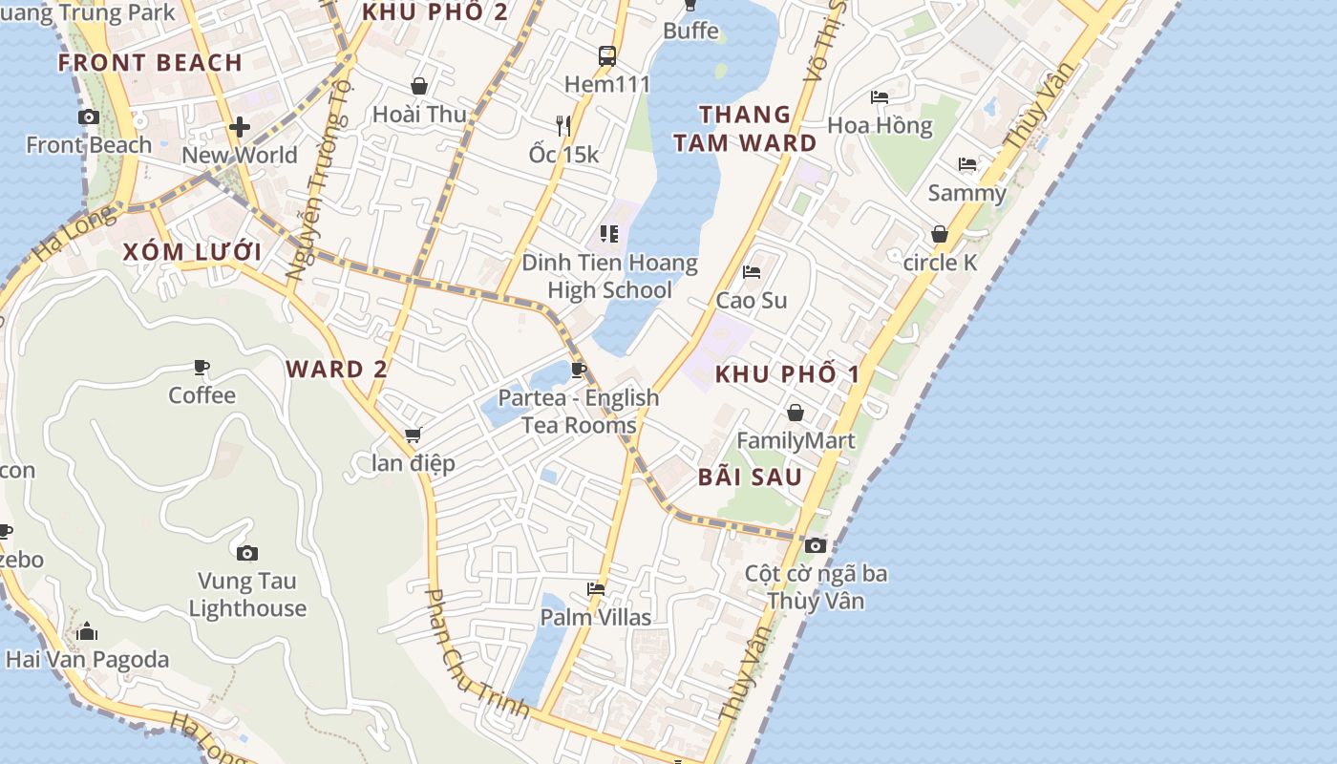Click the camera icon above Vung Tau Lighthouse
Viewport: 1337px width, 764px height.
coord(247,553)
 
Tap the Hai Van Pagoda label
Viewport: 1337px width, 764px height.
coord(87,659)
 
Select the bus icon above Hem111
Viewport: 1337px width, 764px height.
coord(607,56)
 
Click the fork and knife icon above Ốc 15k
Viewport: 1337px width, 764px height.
coord(563,125)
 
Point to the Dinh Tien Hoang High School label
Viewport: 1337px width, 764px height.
coord(609,276)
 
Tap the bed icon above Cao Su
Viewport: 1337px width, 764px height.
coord(752,272)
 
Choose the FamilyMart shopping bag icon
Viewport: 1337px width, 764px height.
coord(795,413)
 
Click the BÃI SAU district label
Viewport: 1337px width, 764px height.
coord(750,477)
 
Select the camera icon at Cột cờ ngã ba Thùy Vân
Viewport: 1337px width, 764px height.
coord(816,545)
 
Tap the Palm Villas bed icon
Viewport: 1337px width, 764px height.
coord(596,589)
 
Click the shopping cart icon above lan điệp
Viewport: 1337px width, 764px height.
coord(414,435)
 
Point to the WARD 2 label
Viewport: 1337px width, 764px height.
coord(337,370)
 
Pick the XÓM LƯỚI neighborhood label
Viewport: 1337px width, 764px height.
coord(192,252)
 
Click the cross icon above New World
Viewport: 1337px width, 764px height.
coord(240,126)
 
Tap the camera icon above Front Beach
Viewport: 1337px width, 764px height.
coord(89,117)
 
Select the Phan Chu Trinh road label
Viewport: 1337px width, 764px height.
coord(476,654)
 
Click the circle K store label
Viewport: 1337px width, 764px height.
coord(941,262)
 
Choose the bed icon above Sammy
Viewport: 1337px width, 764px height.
coord(967,164)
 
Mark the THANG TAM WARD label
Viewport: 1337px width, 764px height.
coord(745,129)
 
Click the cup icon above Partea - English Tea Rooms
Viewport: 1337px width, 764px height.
coord(578,370)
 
